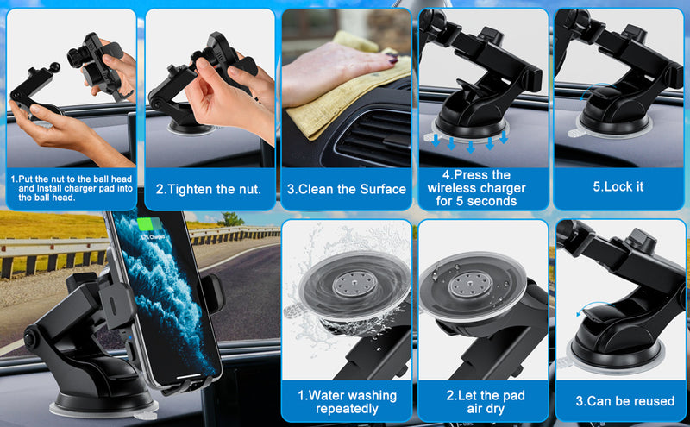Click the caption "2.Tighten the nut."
pos(209,189)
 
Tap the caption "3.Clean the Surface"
pos(347,189)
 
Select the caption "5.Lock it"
pos(618,186)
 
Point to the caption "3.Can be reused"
pos(624,401)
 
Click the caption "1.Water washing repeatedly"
pos(348,402)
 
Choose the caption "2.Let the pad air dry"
pos(486,402)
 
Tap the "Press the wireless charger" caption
pos(477,188)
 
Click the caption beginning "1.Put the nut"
pos(72,188)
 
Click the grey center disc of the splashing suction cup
pos(354,284)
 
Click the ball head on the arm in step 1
pos(55,68)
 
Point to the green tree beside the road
pos(230,219)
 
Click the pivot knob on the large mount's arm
pos(30,339)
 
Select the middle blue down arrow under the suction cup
pos(470,147)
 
